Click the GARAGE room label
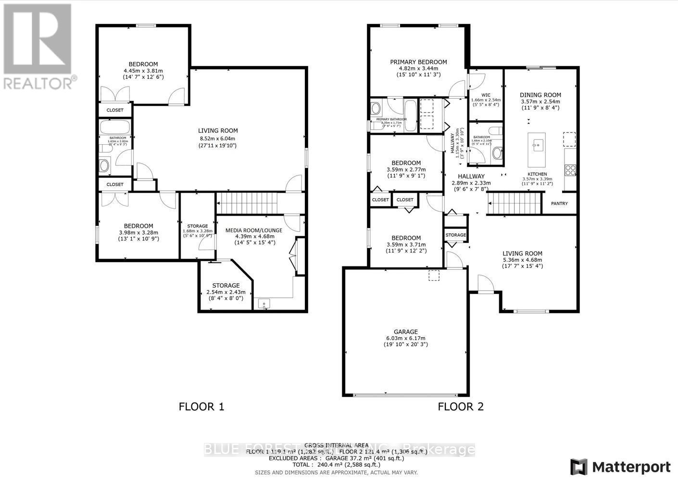click(405, 331)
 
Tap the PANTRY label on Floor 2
click(559, 203)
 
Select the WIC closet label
click(486, 95)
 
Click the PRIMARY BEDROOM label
click(418, 62)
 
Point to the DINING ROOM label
click(540, 95)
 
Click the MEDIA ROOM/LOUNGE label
click(254, 230)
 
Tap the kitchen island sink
click(538, 144)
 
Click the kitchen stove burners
click(570, 169)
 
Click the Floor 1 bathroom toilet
click(104, 166)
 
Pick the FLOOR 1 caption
click(201, 406)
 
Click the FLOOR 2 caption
click(460, 406)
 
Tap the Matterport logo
click(620, 467)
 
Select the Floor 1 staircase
click(247, 203)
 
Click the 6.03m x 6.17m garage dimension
click(405, 338)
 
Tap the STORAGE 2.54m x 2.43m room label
click(226, 285)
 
